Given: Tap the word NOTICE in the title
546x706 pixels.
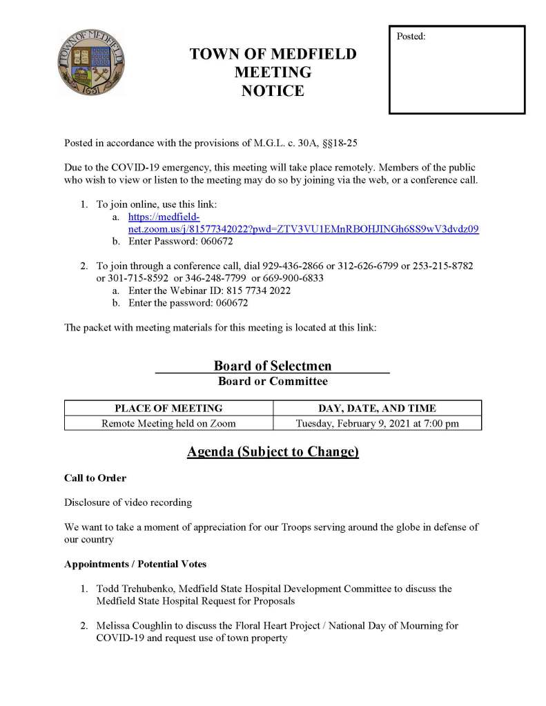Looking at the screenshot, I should [273, 90].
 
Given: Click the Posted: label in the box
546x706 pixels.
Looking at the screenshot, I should [411, 36].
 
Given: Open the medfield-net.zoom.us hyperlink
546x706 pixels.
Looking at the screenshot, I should [304, 228].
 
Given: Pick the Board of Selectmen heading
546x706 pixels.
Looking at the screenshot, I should [273, 366].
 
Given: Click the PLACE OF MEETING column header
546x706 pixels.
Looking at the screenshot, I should [168, 408].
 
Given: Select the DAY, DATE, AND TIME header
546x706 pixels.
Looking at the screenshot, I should [377, 408].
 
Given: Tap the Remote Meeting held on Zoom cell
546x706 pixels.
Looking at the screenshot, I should [168, 423].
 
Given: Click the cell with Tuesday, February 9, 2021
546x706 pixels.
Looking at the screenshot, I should [377, 423].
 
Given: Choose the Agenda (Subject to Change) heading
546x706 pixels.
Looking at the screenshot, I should [273, 453].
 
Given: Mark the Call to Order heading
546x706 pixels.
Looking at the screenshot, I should [95, 478].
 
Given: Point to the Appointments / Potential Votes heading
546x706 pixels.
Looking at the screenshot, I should [135, 564].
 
